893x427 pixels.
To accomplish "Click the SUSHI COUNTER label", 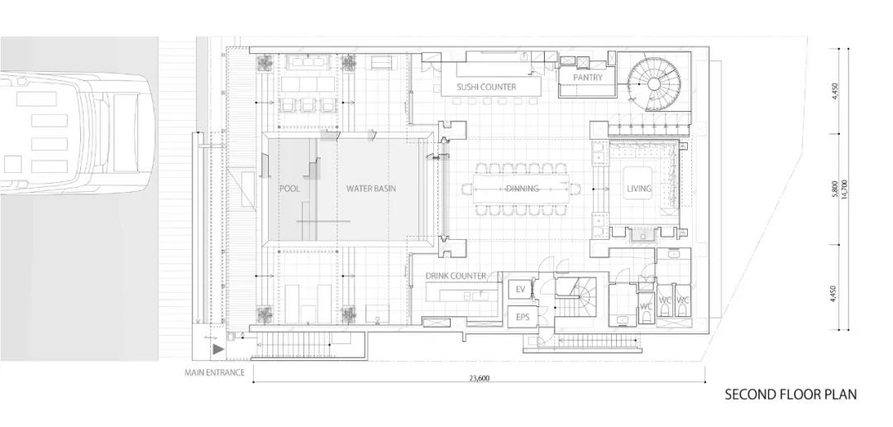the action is click(486, 87).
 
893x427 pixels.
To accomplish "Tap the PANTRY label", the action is click(588, 78).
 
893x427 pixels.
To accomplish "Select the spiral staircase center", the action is click(654, 84).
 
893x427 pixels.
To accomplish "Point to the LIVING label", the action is click(639, 189).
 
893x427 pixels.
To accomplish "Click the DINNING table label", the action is click(523, 189).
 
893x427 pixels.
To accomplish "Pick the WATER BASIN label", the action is click(370, 189).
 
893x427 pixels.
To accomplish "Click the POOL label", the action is click(289, 189).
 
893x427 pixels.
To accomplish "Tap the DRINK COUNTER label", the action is click(456, 276).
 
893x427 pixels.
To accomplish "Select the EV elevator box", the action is click(520, 290).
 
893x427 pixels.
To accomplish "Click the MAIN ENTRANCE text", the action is click(214, 373).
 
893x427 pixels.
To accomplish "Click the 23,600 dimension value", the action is click(479, 377).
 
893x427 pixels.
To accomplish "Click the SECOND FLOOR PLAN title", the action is click(790, 395).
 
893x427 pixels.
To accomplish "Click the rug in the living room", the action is click(638, 182).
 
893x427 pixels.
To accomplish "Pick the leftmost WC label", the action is click(646, 307).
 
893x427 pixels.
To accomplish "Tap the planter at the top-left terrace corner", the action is click(265, 63).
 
